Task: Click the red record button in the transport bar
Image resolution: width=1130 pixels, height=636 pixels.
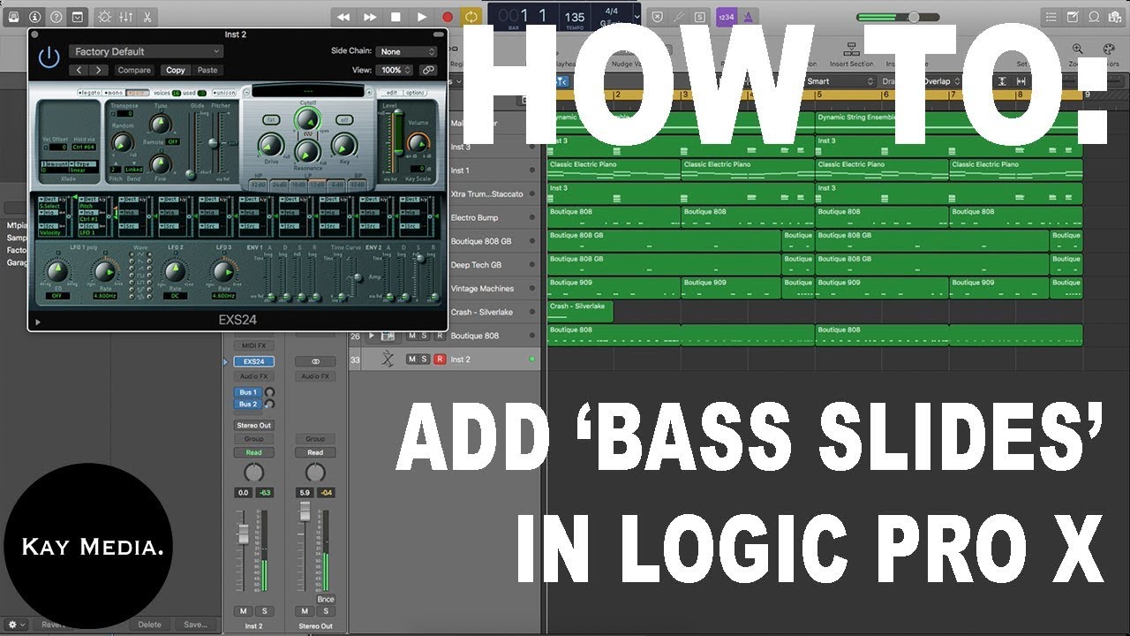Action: point(448,17)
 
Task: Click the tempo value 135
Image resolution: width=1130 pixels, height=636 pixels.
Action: point(575,17)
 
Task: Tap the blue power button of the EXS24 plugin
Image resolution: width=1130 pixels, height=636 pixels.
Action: point(49,57)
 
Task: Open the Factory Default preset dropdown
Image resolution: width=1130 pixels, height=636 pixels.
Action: point(147,51)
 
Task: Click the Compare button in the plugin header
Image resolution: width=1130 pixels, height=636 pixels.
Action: point(134,70)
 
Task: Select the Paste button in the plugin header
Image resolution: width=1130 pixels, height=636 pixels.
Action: point(207,70)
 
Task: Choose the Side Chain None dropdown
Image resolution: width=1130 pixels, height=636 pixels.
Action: point(407,51)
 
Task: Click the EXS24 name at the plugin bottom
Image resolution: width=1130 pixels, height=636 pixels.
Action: point(237,320)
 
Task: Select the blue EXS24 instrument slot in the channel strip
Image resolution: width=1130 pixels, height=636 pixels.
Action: point(253,361)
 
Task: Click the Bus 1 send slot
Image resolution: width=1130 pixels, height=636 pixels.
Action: point(248,392)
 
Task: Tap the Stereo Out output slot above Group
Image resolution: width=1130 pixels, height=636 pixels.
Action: point(253,425)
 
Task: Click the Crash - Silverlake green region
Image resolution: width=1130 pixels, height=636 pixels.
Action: point(580,311)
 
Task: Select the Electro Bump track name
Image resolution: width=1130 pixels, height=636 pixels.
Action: point(474,217)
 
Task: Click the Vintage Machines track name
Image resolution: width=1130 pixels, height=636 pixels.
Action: point(482,289)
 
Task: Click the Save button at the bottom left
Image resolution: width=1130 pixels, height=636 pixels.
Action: point(195,625)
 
